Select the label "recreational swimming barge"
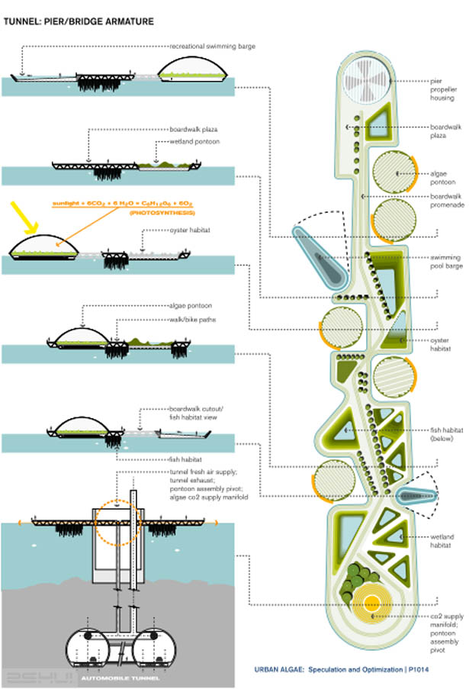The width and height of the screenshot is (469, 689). (213, 46)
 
